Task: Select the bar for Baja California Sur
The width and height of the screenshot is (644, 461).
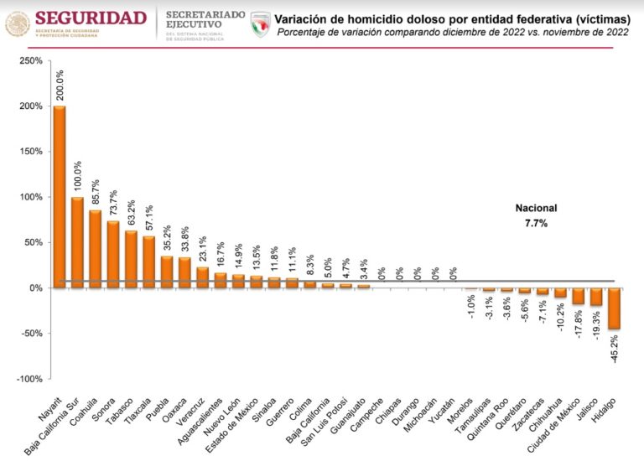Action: [x=78, y=242]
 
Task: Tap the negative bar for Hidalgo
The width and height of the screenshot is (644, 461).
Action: [x=615, y=308]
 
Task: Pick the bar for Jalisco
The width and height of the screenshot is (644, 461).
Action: [x=596, y=297]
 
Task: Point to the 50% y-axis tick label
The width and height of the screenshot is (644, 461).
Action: [x=33, y=242]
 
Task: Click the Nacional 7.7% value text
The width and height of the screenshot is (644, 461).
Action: [x=535, y=223]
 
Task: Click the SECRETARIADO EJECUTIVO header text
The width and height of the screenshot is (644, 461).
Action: [x=205, y=20]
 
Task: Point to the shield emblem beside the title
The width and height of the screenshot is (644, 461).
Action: [x=261, y=23]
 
